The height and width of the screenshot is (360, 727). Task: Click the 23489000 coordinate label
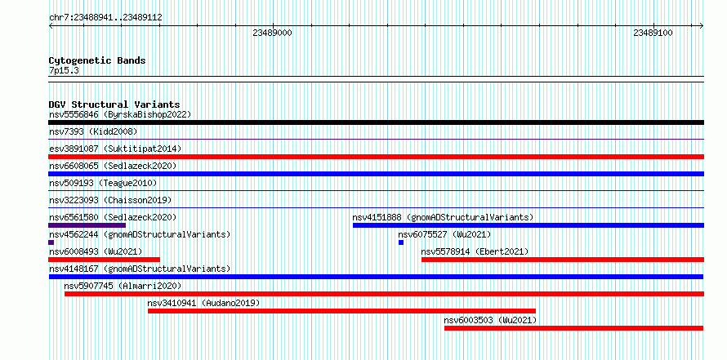(272, 33)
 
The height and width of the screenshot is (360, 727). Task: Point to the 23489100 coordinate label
(653, 33)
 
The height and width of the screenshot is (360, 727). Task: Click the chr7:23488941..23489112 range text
(105, 18)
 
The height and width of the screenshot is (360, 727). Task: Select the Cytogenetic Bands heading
(97, 60)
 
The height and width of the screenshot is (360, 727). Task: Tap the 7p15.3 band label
(63, 70)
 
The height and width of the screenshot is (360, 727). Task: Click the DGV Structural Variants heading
(114, 104)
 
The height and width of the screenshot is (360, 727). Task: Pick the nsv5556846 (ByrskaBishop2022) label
(120, 114)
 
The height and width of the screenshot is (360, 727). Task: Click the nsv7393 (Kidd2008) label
(93, 131)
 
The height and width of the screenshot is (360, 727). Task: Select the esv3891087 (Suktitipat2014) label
(115, 149)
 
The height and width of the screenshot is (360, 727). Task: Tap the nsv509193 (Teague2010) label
(103, 183)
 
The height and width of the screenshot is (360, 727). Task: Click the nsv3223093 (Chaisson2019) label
(110, 200)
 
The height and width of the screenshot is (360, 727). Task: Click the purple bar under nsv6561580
(87, 225)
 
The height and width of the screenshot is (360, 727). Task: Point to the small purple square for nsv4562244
(51, 242)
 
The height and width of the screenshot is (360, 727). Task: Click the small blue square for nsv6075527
(401, 242)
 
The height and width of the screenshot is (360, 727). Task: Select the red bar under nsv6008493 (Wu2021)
(105, 260)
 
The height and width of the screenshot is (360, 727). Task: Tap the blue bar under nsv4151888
(529, 225)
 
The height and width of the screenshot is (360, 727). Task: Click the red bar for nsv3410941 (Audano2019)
(341, 311)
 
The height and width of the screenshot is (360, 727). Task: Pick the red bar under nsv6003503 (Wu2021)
(574, 328)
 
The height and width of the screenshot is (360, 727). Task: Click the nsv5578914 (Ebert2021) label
(475, 251)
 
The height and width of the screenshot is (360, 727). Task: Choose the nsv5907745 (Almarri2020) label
(123, 286)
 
